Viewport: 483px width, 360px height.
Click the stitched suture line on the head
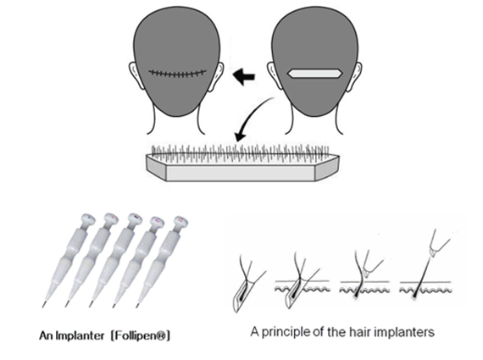point(177,74)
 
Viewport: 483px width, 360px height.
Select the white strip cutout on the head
point(314,74)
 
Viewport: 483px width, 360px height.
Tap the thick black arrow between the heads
point(244,77)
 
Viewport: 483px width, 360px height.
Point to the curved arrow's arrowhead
point(239,136)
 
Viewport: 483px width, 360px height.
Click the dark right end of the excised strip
point(326,168)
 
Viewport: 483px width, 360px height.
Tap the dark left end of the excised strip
point(156,168)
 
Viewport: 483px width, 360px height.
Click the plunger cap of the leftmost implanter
point(88,219)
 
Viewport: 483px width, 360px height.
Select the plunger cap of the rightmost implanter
point(181,221)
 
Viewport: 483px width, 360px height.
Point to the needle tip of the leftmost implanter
point(43,306)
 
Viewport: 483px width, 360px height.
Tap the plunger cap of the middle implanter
point(136,218)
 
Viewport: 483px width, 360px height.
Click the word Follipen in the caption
point(140,335)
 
